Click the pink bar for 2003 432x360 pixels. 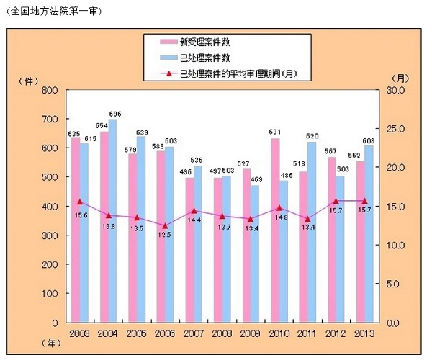(x=75, y=230)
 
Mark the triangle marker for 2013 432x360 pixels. (x=364, y=201)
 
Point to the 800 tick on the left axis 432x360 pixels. (x=49, y=91)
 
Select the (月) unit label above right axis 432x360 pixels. (x=400, y=77)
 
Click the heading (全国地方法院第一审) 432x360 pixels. (x=54, y=12)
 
